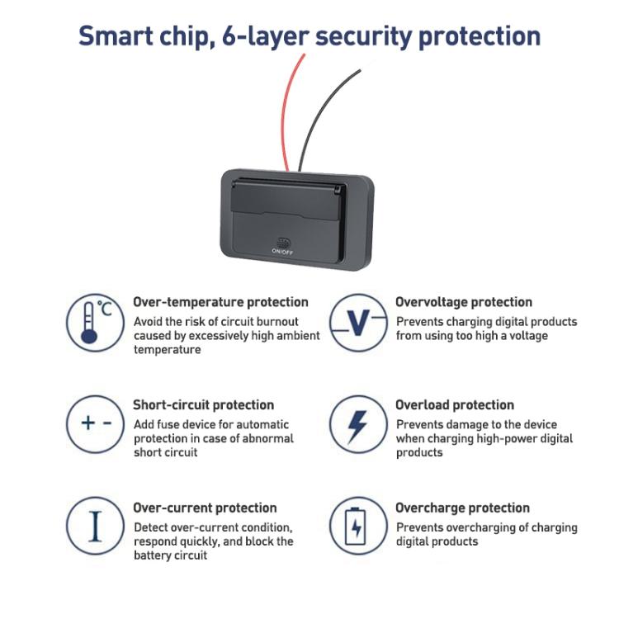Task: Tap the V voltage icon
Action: click(x=358, y=323)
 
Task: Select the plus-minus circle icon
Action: click(x=95, y=424)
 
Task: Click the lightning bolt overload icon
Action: click(x=358, y=424)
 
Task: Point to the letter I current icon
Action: click(x=95, y=526)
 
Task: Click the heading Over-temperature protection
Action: click(x=220, y=302)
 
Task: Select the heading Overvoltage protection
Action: click(x=464, y=302)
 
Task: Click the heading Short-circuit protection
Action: click(x=203, y=404)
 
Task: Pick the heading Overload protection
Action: click(x=455, y=404)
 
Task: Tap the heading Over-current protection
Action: click(x=205, y=508)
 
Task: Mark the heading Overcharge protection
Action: click(x=463, y=508)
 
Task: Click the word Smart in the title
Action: click(x=116, y=36)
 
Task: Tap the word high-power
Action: click(x=508, y=438)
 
